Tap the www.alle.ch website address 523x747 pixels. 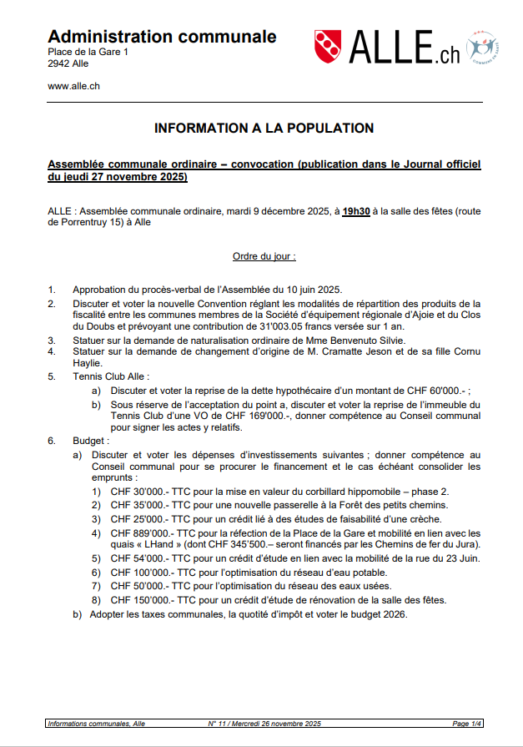tap(74, 86)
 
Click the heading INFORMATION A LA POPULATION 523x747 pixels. tap(264, 129)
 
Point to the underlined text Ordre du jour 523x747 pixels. tap(264, 256)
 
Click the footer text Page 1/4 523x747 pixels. tap(466, 724)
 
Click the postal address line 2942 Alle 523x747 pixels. tap(68, 63)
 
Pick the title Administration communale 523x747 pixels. tap(162, 37)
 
